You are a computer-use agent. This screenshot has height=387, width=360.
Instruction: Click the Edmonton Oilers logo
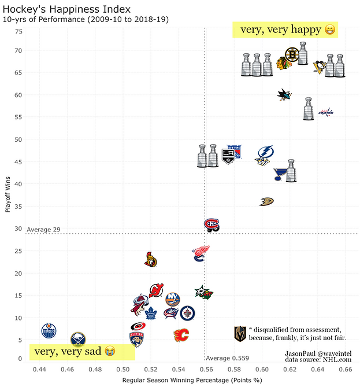[x=50, y=331]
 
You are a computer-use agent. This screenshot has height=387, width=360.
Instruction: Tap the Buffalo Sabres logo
[x=77, y=339]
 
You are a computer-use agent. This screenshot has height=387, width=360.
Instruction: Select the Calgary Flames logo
[x=181, y=335]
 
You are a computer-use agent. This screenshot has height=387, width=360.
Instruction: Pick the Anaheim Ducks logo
[x=266, y=201]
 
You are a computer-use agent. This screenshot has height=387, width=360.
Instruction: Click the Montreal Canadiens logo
[x=212, y=224]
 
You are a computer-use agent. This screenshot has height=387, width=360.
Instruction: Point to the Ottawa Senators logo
[x=150, y=260]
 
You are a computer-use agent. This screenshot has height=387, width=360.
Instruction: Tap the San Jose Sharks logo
[x=284, y=95]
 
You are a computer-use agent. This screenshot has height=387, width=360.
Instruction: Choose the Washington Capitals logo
[x=326, y=112]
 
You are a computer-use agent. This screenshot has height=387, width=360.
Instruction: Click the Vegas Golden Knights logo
[x=239, y=334]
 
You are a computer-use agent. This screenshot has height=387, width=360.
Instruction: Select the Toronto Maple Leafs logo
[x=151, y=314]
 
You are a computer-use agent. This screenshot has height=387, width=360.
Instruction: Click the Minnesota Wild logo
[x=203, y=292]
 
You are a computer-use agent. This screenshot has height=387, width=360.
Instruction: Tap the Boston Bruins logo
[x=292, y=55]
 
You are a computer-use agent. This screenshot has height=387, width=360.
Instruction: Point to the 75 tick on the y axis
[x=18, y=32]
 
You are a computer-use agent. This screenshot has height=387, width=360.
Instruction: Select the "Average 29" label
[x=43, y=230]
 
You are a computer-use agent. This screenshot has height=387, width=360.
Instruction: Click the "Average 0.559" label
[x=227, y=358]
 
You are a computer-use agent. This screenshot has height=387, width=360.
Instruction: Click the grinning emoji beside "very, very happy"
[x=329, y=30]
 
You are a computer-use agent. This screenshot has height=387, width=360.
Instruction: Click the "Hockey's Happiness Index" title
[x=66, y=9]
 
